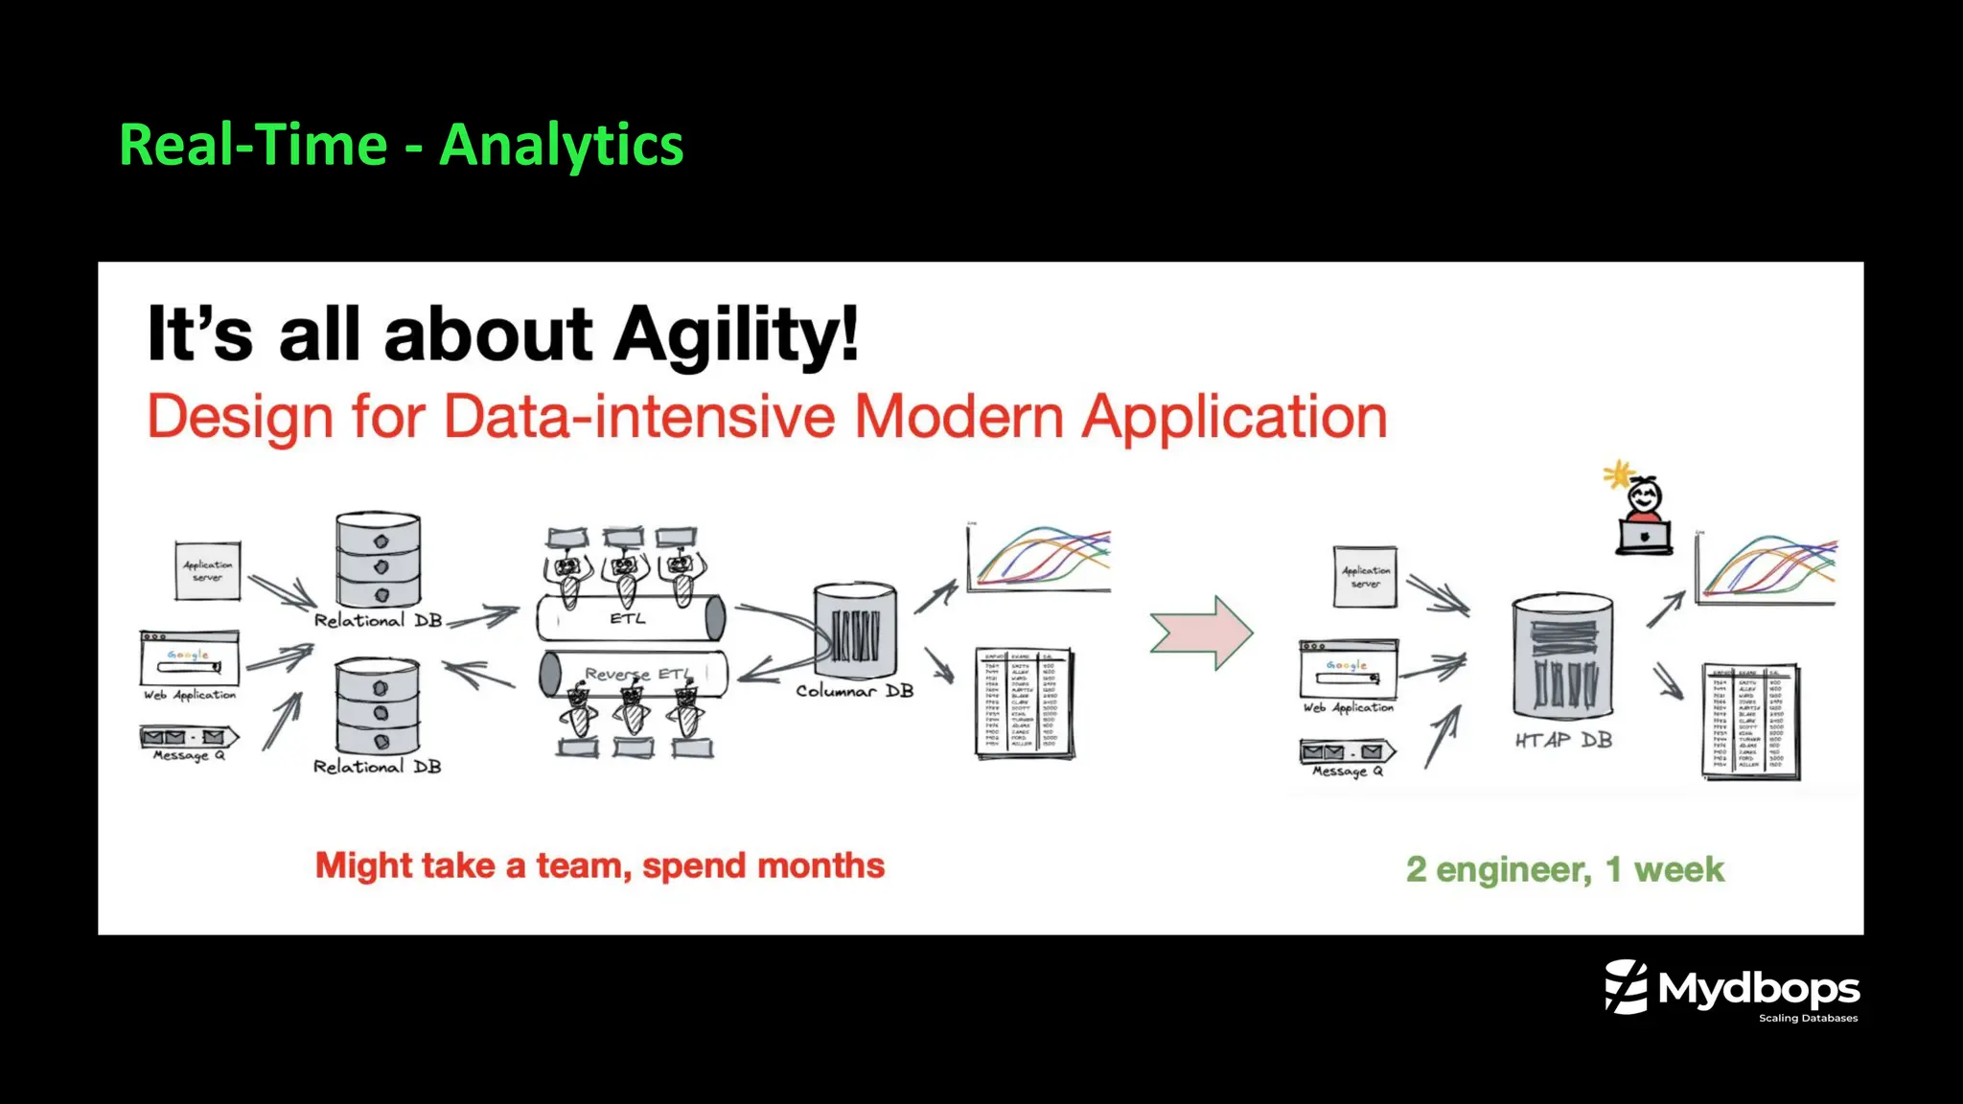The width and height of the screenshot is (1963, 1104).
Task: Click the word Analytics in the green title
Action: click(x=561, y=146)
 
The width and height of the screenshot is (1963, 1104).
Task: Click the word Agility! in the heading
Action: click(x=736, y=334)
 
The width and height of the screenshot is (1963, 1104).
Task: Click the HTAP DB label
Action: click(x=1563, y=740)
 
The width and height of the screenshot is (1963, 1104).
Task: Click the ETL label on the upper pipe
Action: click(x=628, y=619)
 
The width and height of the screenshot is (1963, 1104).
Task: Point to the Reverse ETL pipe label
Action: click(x=636, y=674)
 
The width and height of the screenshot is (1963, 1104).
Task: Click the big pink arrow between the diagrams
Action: click(x=1201, y=632)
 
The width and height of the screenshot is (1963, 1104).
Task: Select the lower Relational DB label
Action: click(x=378, y=767)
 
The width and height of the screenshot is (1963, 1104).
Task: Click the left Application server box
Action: click(x=207, y=570)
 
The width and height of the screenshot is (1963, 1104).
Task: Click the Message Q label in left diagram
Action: click(x=189, y=756)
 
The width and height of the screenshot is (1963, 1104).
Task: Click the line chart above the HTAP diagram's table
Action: click(x=1766, y=569)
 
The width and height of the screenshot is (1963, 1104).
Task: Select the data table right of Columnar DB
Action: click(x=1024, y=702)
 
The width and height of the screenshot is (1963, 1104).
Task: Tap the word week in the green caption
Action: click(x=1678, y=869)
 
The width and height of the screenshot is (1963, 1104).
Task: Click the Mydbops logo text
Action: click(x=1758, y=988)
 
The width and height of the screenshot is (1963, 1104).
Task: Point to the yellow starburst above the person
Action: click(x=1618, y=473)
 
